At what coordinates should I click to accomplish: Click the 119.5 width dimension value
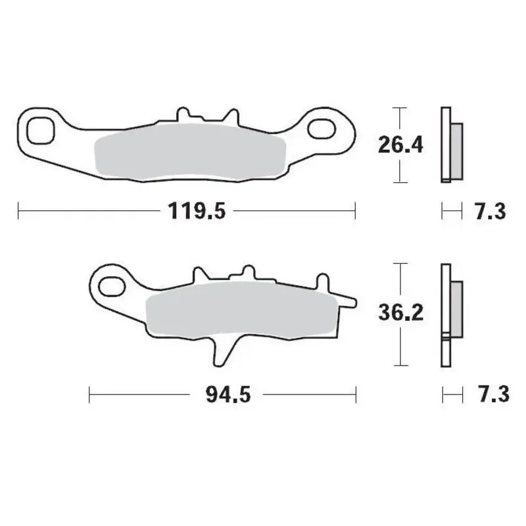click(188, 212)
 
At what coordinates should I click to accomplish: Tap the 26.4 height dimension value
click(399, 144)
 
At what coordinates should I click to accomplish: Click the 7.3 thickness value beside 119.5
click(489, 212)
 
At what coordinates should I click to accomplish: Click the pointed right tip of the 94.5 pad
click(354, 302)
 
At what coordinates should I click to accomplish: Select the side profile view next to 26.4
click(449, 144)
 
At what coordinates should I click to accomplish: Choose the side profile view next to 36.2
click(449, 314)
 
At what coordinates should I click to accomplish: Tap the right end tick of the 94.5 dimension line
click(356, 394)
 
